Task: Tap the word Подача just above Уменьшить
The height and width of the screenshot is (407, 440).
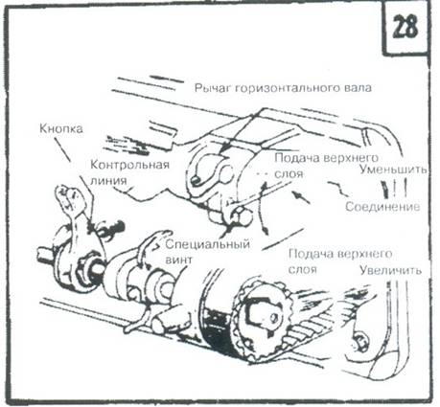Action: pyautogui.click(x=298, y=156)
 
